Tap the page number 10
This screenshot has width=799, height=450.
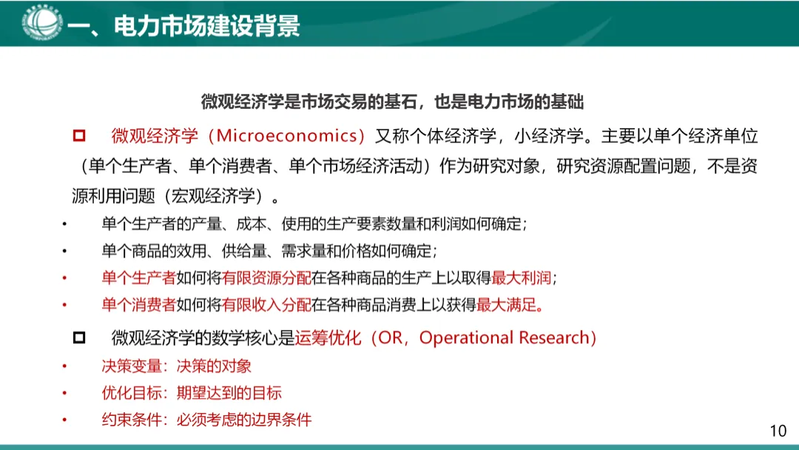[778, 431]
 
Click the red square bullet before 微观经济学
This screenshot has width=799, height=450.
[79, 136]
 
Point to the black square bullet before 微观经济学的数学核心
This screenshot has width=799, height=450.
[79, 338]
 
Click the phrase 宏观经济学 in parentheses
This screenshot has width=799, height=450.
[222, 197]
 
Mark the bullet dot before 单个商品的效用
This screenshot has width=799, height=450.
[64, 251]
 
